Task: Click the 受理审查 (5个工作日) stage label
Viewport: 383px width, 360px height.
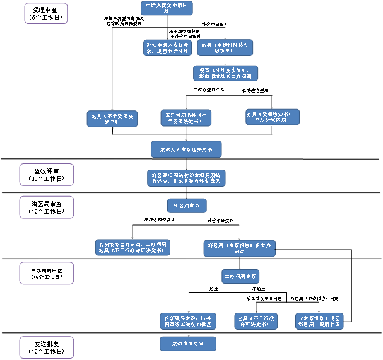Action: pyautogui.click(x=45, y=13)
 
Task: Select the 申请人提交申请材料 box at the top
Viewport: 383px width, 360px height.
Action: pyautogui.click(x=167, y=8)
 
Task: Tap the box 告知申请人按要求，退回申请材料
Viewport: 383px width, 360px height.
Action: pyautogui.click(x=167, y=48)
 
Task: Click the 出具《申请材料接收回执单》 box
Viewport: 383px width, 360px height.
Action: pyautogui.click(x=225, y=48)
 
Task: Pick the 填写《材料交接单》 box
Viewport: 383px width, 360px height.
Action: pyautogui.click(x=225, y=73)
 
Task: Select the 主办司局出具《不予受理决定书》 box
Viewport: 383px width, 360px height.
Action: pyautogui.click(x=186, y=118)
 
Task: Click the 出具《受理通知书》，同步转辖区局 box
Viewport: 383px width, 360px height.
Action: pyautogui.click(x=272, y=117)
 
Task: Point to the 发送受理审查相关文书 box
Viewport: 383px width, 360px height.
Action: pyautogui.click(x=186, y=149)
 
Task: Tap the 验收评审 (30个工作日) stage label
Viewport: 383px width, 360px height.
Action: pyautogui.click(x=45, y=175)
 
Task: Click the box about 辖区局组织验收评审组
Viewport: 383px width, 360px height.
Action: pyautogui.click(x=186, y=178)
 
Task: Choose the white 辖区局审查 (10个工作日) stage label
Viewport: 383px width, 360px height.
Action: pyautogui.click(x=45, y=207)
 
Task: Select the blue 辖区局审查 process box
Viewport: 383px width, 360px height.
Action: pyautogui.click(x=187, y=206)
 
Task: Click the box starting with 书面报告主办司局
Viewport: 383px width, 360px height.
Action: pyautogui.click(x=133, y=247)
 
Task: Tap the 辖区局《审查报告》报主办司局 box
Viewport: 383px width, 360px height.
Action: pyautogui.click(x=239, y=248)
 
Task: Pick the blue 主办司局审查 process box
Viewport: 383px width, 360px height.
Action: pyautogui.click(x=240, y=276)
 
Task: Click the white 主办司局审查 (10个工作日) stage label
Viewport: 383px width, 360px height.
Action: pyautogui.click(x=45, y=273)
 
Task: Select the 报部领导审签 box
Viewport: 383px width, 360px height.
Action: pyautogui.click(x=188, y=321)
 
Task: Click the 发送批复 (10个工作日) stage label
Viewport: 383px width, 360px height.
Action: pyautogui.click(x=45, y=347)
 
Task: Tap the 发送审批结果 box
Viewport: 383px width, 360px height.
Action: pyautogui.click(x=188, y=344)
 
